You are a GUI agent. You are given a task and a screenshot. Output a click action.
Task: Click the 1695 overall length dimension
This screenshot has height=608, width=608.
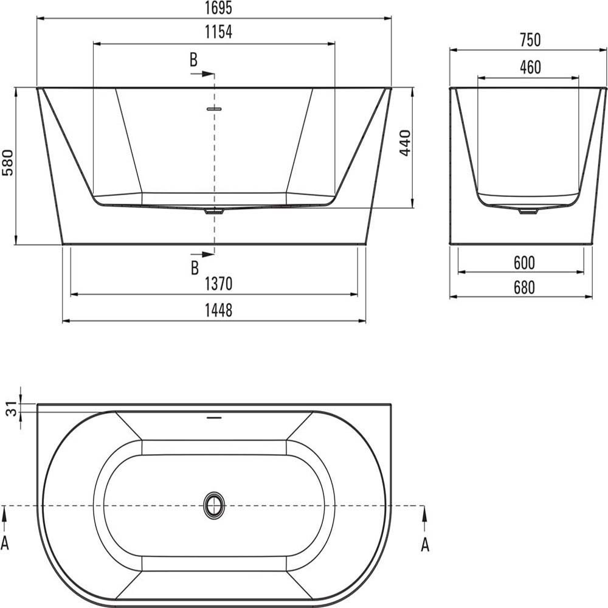click(x=218, y=8)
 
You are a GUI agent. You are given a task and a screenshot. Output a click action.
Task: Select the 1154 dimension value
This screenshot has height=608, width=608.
click(x=218, y=32)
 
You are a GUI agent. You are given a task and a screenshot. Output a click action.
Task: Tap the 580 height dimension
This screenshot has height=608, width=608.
click(x=8, y=162)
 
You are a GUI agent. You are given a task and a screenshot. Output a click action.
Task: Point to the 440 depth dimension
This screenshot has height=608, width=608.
click(x=406, y=143)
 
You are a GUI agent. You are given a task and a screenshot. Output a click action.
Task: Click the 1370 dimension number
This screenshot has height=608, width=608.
click(x=218, y=284)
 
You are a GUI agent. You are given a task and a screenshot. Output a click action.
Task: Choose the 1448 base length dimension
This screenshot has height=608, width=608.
click(x=218, y=310)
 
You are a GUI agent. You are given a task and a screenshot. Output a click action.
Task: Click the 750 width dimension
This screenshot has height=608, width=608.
click(x=530, y=40)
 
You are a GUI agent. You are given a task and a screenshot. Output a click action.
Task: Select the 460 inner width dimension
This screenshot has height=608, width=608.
click(x=530, y=67)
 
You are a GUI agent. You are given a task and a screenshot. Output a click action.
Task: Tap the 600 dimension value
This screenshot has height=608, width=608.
click(x=524, y=263)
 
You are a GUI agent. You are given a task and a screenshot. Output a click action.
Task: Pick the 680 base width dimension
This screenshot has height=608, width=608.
click(x=524, y=288)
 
